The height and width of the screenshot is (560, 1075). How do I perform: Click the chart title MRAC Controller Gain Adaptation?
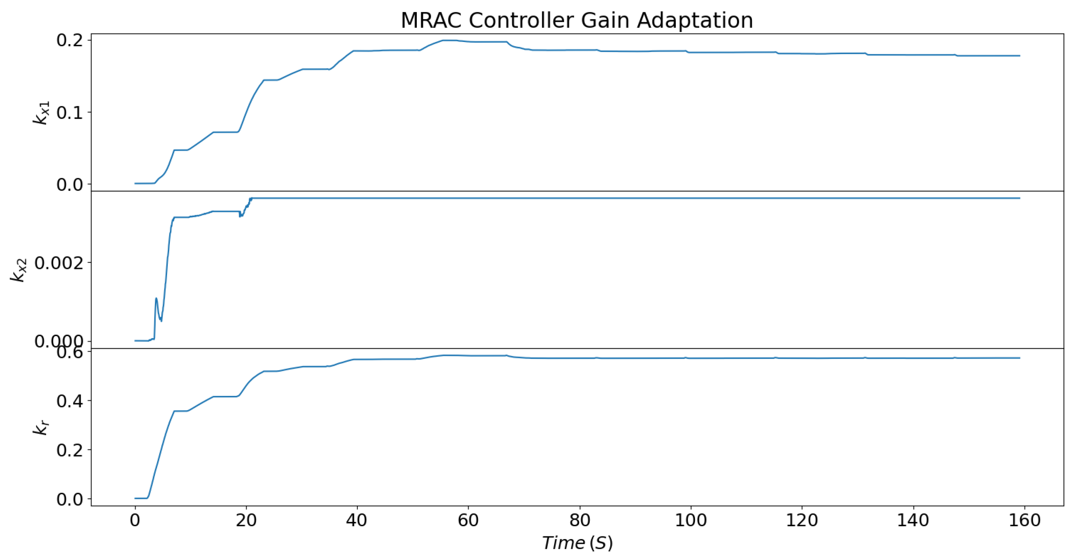pyautogui.click(x=576, y=20)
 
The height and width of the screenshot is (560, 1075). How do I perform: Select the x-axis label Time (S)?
pyautogui.click(x=577, y=543)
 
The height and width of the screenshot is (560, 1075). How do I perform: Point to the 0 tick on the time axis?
pyautogui.click(x=135, y=520)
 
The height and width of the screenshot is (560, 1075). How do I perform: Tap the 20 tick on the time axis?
pyautogui.click(x=246, y=520)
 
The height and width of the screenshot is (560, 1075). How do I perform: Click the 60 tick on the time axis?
pyautogui.click(x=468, y=520)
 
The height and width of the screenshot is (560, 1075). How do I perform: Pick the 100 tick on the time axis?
pyautogui.click(x=690, y=520)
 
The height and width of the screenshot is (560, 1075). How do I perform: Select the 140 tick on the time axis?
pyautogui.click(x=913, y=520)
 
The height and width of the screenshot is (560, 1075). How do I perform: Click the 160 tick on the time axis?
pyautogui.click(x=1024, y=520)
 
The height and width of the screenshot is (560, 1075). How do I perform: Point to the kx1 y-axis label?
pyautogui.click(x=42, y=113)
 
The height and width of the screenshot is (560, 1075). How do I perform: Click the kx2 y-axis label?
pyautogui.click(x=19, y=270)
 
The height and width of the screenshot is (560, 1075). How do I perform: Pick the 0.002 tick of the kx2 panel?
pyautogui.click(x=59, y=262)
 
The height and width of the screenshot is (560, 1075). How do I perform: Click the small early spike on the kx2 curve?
pyautogui.click(x=156, y=299)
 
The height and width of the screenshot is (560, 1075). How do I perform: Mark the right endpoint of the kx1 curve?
pyautogui.click(x=1019, y=56)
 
